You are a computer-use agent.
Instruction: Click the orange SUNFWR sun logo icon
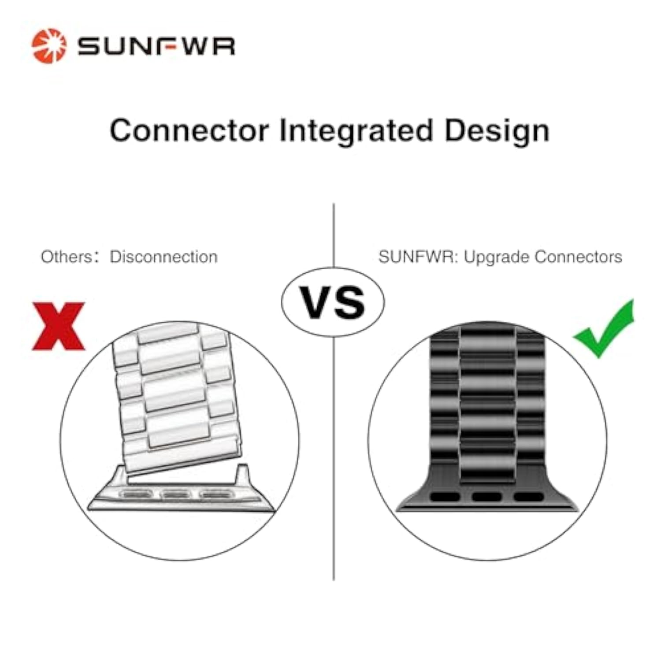49,46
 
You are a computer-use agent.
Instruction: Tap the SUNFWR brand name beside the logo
156,46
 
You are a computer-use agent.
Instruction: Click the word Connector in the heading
189,130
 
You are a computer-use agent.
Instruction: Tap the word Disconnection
163,256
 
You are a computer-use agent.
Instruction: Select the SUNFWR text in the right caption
418,256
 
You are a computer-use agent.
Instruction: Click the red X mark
58,326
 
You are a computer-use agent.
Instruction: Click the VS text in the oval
333,302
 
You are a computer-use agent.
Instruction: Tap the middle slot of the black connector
486,497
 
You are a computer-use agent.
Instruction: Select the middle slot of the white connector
175,494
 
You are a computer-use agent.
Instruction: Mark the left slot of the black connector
445,497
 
